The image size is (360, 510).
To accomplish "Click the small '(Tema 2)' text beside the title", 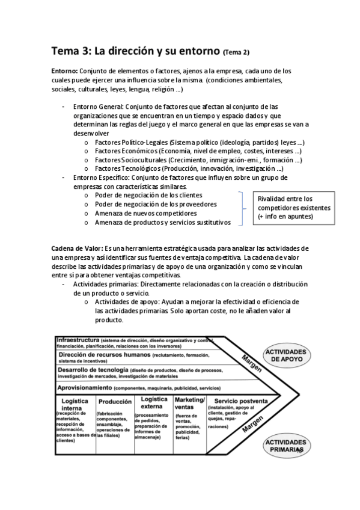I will [x=236, y=52].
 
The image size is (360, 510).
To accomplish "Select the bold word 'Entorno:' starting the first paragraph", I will [x=64, y=71].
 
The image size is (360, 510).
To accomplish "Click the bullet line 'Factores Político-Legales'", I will [x=199, y=143].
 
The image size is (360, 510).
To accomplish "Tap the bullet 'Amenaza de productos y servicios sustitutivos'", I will [x=162, y=222].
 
